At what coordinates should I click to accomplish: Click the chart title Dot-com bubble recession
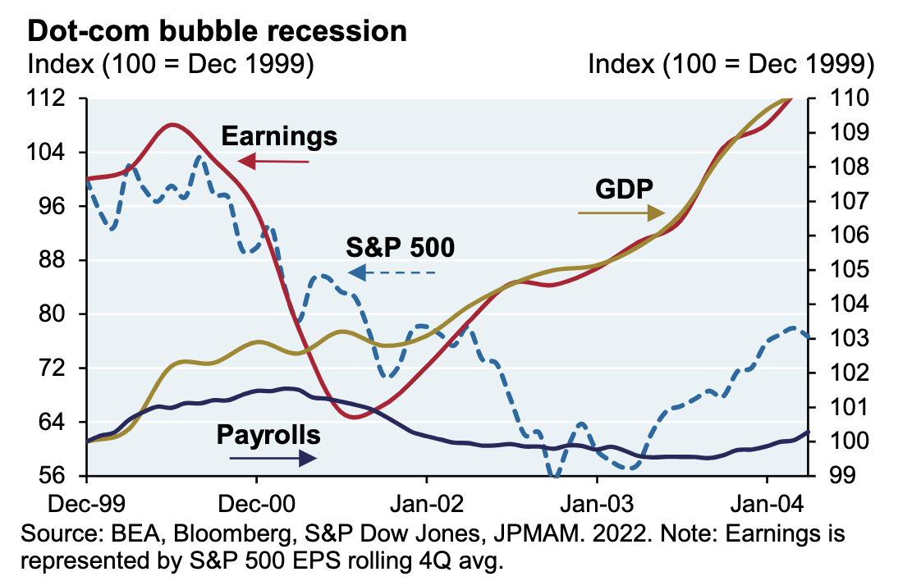click(x=218, y=31)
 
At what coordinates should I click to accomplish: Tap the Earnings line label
click(x=279, y=135)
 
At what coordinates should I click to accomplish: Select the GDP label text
click(x=624, y=189)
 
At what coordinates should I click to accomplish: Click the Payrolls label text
click(x=268, y=434)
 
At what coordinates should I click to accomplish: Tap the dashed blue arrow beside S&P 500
click(x=392, y=272)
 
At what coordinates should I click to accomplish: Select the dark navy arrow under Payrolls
click(x=273, y=459)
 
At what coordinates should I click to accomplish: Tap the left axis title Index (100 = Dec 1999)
click(x=172, y=65)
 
